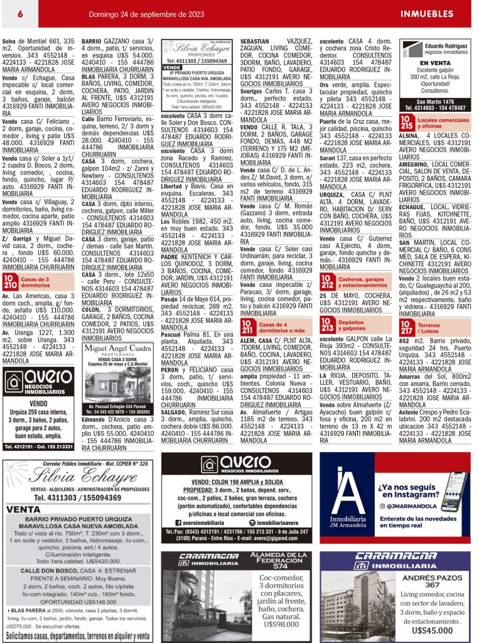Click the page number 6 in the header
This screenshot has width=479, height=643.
[x=21, y=13]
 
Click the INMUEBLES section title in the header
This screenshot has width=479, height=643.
[x=427, y=13]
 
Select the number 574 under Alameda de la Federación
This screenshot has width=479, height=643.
[x=277, y=565]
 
